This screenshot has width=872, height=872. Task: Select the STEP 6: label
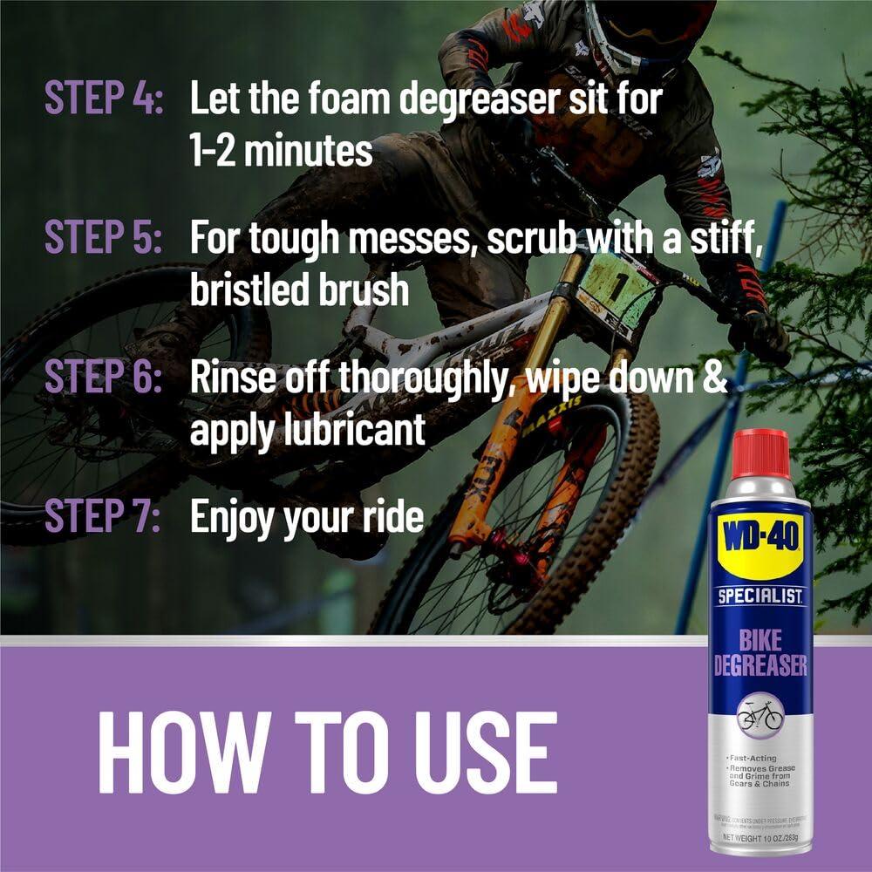pyautogui.click(x=104, y=379)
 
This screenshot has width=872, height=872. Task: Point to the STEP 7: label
pyautogui.click(x=104, y=517)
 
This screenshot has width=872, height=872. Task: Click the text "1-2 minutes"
pyautogui.click(x=281, y=152)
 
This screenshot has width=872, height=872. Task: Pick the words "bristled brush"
pyautogui.click(x=299, y=291)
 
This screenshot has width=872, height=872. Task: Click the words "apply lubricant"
pyautogui.click(x=308, y=431)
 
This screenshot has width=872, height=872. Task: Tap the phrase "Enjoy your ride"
pyautogui.click(x=306, y=517)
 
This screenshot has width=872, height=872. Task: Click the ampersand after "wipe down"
pyautogui.click(x=714, y=380)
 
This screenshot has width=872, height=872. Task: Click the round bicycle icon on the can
pyautogui.click(x=760, y=715)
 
